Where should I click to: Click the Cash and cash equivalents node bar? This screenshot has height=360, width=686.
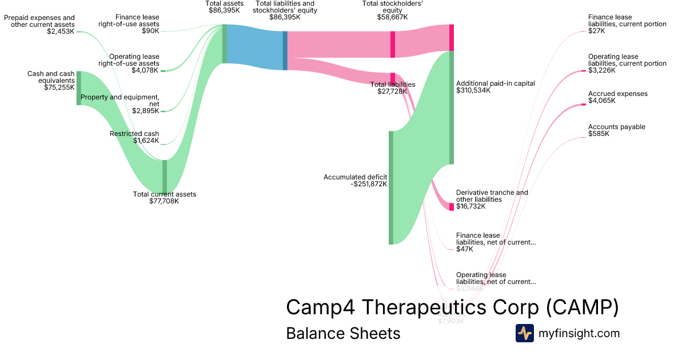pyautogui.click(x=79, y=88)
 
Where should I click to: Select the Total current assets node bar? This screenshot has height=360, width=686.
pyautogui.click(x=165, y=177)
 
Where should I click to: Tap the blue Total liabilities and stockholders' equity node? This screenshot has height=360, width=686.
pyautogui.click(x=285, y=50)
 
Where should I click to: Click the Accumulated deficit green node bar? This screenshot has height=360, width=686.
pyautogui.click(x=391, y=187)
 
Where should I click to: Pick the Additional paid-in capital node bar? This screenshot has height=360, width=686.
pyautogui.click(x=451, y=107)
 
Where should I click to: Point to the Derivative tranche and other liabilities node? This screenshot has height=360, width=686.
pyautogui.click(x=451, y=206)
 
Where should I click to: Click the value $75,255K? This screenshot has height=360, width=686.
pyautogui.click(x=59, y=87)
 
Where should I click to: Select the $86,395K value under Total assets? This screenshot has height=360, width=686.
pyautogui.click(x=225, y=10)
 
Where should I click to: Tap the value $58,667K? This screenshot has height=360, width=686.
pyautogui.click(x=393, y=17)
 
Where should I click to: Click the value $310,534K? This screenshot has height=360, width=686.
pyautogui.click(x=473, y=90)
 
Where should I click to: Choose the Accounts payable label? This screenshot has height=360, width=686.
pyautogui.click(x=616, y=127)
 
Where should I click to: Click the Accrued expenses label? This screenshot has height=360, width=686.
pyautogui.click(x=617, y=94)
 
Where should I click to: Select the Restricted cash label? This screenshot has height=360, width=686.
pyautogui.click(x=134, y=134)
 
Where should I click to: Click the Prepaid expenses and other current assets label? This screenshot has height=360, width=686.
pyautogui.click(x=39, y=21)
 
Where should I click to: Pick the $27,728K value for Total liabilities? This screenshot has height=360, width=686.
pyautogui.click(x=392, y=91)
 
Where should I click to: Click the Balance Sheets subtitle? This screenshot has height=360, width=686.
pyautogui.click(x=343, y=333)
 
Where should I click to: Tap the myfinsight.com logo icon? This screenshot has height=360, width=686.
pyautogui.click(x=524, y=333)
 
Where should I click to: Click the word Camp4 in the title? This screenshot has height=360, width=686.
pyautogui.click(x=321, y=307)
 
